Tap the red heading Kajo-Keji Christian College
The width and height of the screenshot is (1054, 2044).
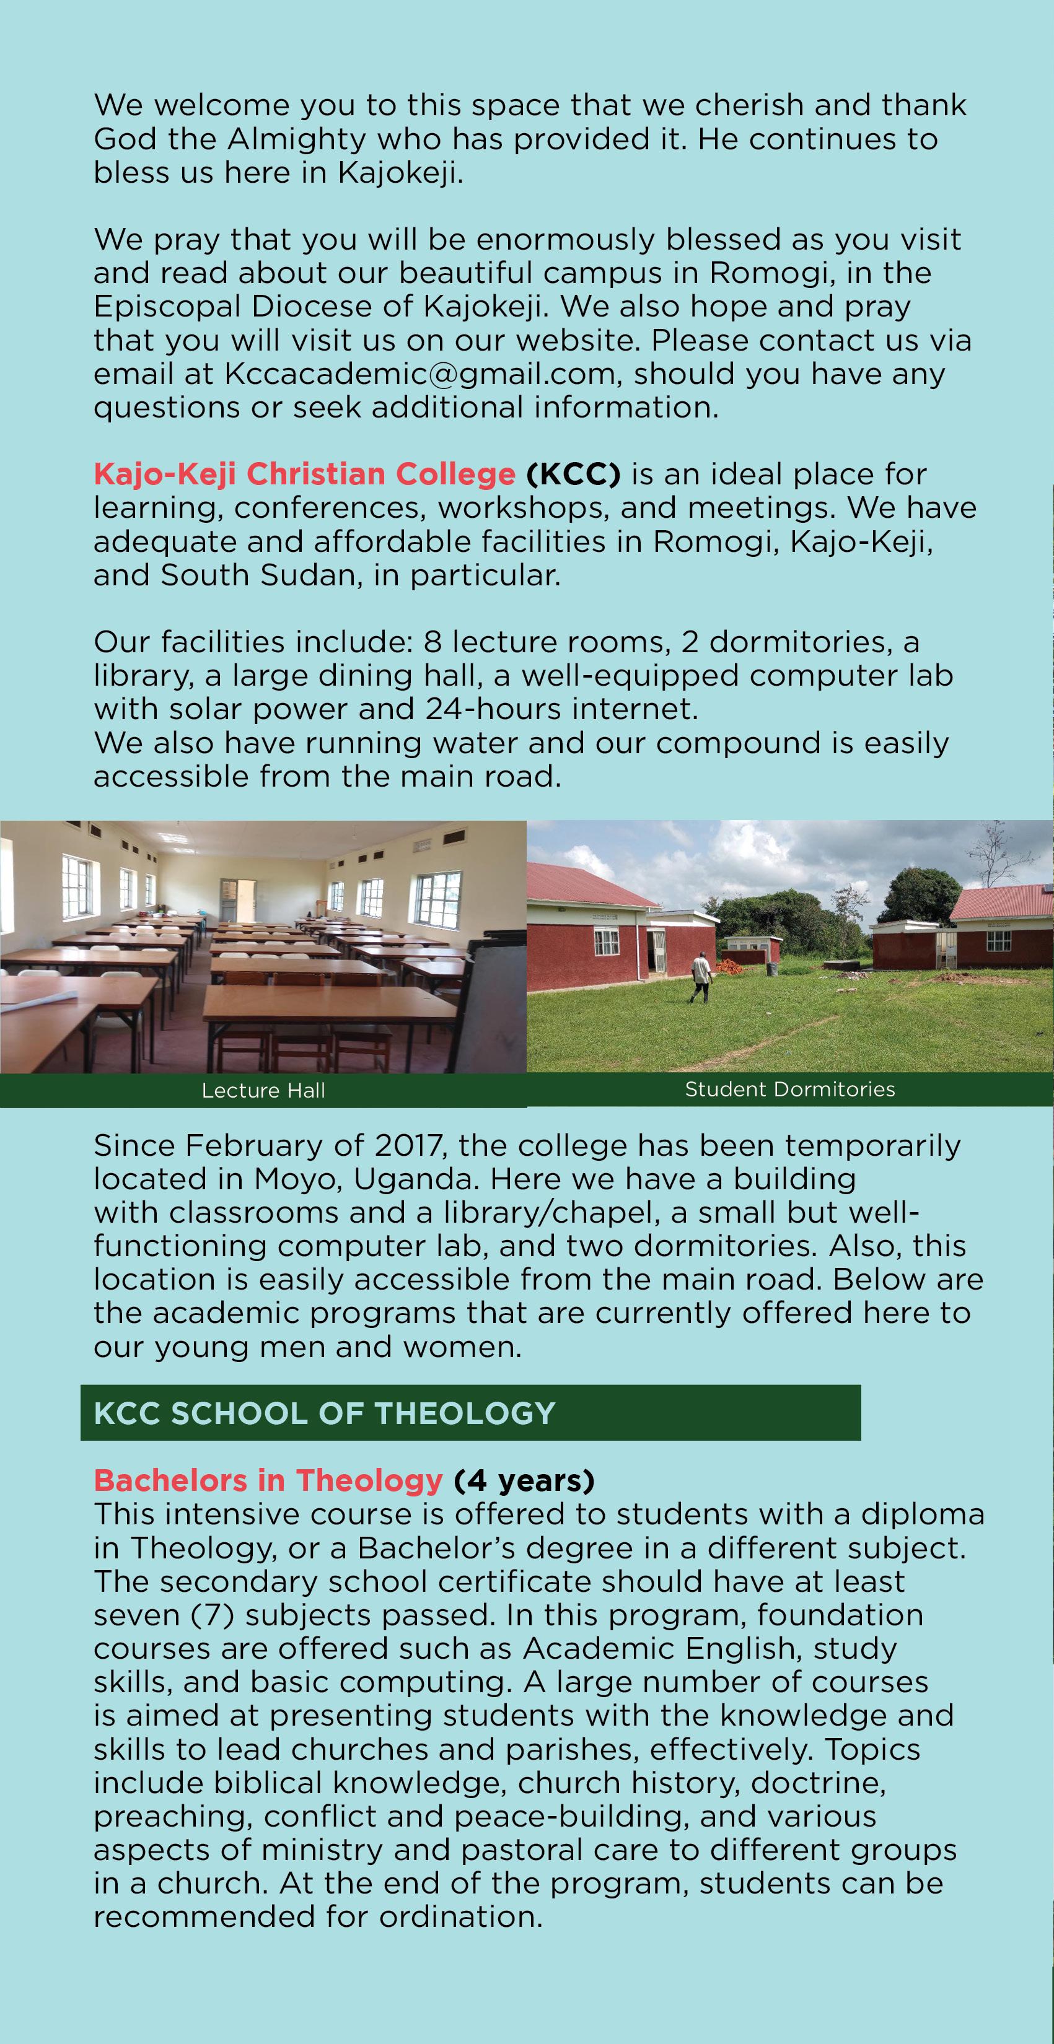(x=305, y=474)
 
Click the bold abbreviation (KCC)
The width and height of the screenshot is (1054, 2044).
(x=573, y=474)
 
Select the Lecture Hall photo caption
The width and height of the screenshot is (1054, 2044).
(x=263, y=1091)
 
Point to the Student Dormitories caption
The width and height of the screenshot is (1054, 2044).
(x=789, y=1090)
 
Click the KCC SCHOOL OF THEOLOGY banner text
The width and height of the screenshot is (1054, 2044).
(x=324, y=1413)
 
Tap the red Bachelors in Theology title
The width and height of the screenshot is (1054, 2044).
(x=268, y=1480)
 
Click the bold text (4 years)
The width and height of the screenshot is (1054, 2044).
(x=524, y=1480)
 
